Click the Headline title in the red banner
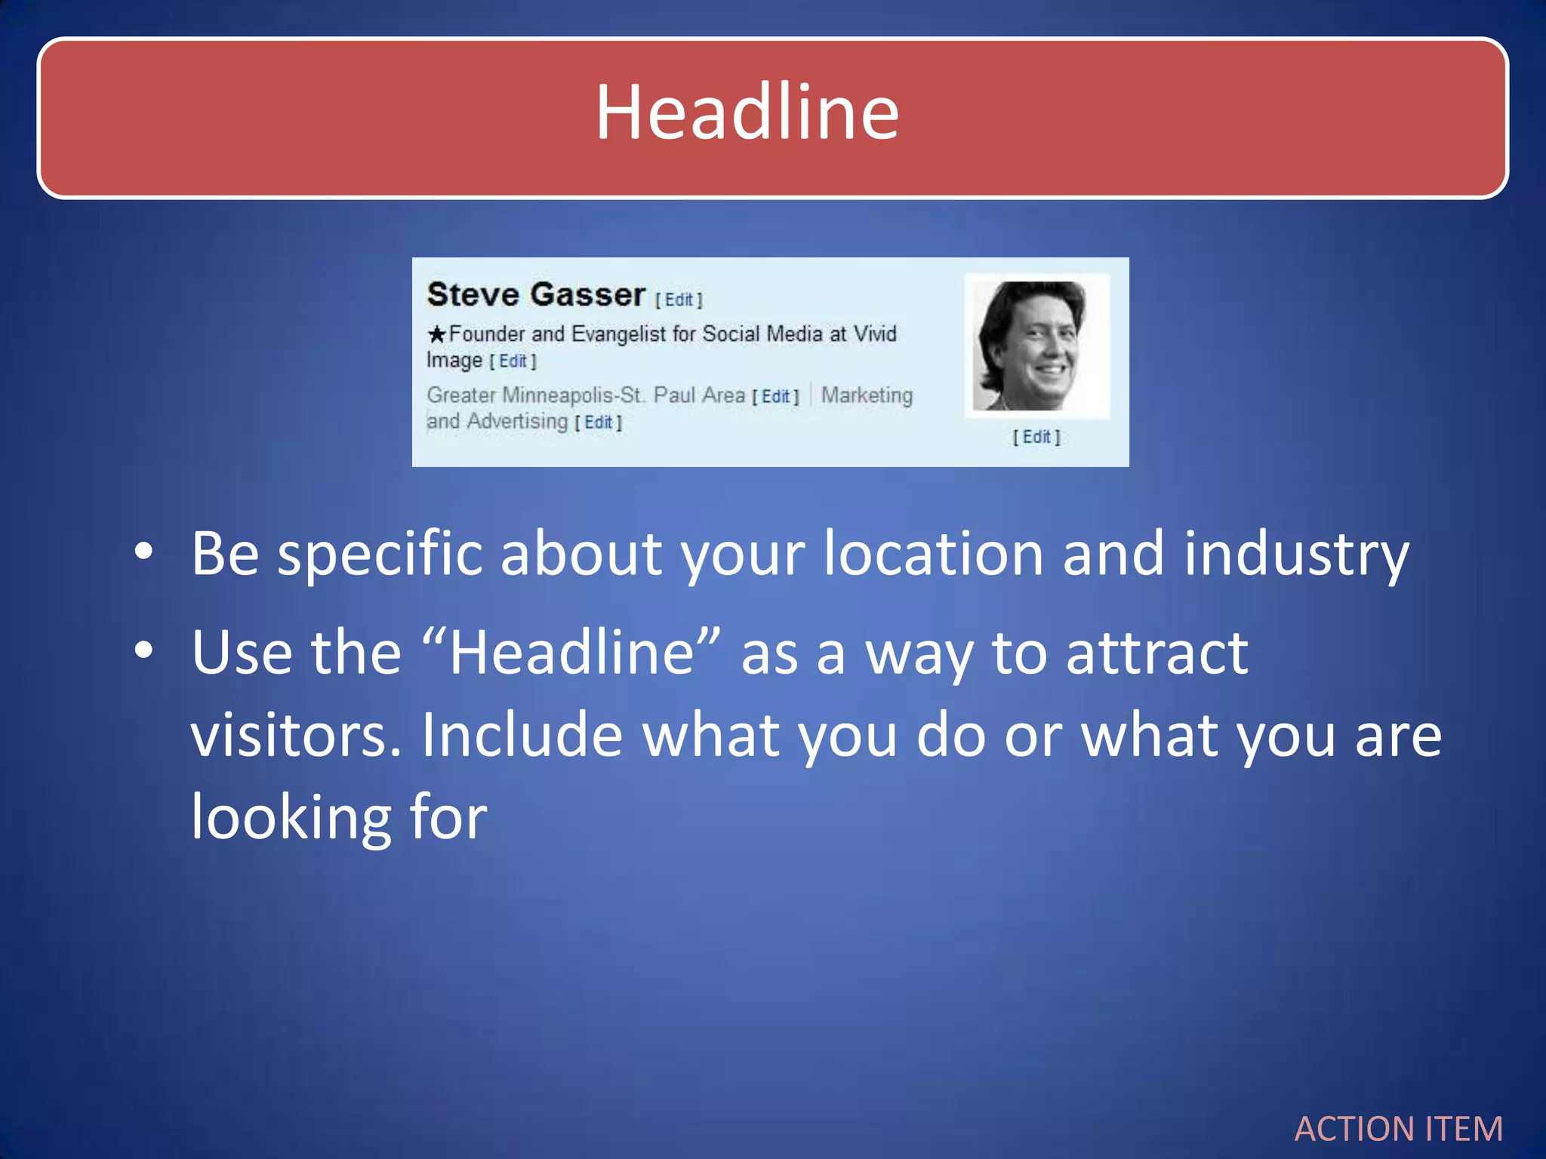click(747, 113)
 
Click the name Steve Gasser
click(536, 294)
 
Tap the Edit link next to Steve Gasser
click(679, 300)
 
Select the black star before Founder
click(436, 334)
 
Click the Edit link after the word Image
click(513, 361)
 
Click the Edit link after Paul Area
click(775, 397)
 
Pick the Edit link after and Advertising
click(598, 423)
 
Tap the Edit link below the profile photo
click(1036, 437)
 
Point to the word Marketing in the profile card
click(867, 395)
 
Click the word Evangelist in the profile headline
click(618, 334)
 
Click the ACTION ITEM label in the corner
click(1398, 1130)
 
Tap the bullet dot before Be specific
click(143, 553)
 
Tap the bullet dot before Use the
click(143, 650)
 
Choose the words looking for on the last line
click(339, 817)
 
